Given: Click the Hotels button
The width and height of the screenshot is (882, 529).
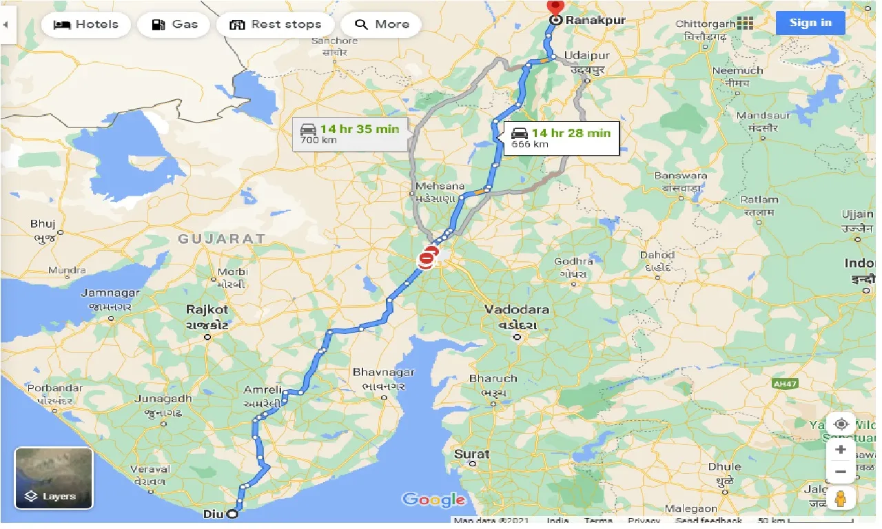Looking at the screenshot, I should click(85, 25).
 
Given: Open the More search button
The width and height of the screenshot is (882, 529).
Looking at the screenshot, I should click(381, 25).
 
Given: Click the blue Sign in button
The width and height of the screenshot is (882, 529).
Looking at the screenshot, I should click(810, 23).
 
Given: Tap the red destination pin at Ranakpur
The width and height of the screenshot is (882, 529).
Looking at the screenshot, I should click(555, 7).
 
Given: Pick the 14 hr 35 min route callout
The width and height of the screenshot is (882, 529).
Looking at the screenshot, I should click(349, 134).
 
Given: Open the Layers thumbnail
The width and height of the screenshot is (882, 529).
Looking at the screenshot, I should click(54, 478).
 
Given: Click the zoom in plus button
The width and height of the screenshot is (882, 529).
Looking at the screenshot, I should click(841, 450).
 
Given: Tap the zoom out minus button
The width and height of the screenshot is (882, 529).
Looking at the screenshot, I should click(841, 473).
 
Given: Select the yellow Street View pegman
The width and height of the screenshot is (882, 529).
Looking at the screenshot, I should click(841, 497).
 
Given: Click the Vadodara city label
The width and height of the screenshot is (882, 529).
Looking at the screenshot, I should click(516, 309).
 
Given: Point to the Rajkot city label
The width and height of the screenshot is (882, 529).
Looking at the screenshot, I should click(206, 309).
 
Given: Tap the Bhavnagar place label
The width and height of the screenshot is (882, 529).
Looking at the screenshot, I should click(383, 372).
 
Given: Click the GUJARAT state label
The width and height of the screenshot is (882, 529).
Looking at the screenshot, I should click(221, 238).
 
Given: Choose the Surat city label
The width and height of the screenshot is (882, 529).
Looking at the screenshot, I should click(471, 454).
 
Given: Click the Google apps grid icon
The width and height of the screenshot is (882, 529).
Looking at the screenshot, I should click(745, 23).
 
